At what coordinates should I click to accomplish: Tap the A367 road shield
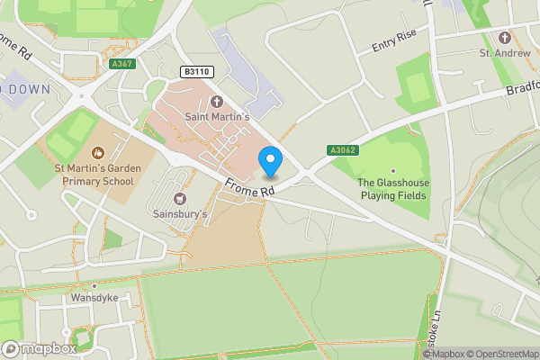122,64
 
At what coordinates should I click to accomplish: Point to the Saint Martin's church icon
216,101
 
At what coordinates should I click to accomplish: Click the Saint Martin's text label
216,116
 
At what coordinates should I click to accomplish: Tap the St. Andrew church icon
504,38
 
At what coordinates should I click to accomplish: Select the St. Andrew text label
504,53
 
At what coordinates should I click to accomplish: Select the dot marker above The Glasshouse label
392,170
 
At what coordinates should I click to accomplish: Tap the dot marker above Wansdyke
94,285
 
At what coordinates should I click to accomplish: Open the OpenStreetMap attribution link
501,354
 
